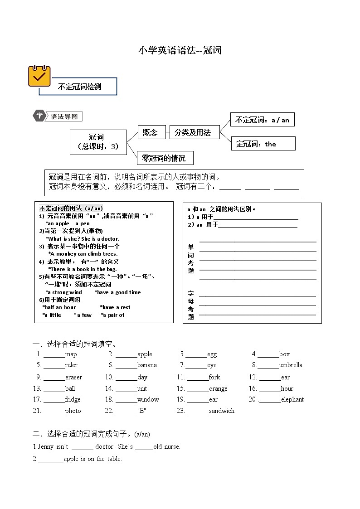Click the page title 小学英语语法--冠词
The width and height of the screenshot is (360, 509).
[x=180, y=50]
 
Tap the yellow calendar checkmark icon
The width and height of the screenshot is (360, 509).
[x=39, y=76]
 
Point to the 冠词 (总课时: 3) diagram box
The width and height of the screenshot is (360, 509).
[x=98, y=142]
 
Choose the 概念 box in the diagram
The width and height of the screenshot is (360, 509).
[x=150, y=132]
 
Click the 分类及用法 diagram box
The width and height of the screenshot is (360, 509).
[x=194, y=132]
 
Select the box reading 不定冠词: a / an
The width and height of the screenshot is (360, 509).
[x=262, y=120]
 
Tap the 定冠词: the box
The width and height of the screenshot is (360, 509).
[x=263, y=144]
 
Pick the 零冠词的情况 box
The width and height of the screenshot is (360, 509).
[x=165, y=158]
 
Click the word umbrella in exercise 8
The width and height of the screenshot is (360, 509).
[x=291, y=365]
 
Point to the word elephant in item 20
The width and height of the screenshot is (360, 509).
[x=292, y=400]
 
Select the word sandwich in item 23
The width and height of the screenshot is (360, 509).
[x=222, y=411]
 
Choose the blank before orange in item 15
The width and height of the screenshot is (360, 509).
[x=198, y=389]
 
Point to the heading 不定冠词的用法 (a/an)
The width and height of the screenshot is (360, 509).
[x=71, y=208]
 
